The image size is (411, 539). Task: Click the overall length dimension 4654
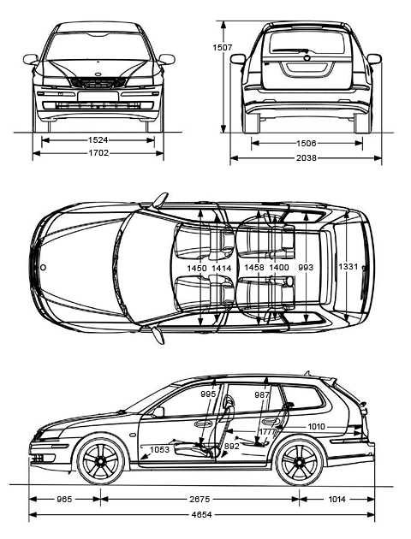pyautogui.click(x=202, y=514)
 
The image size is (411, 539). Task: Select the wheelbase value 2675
pyautogui.click(x=200, y=499)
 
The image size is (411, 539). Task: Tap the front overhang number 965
pyautogui.click(x=64, y=499)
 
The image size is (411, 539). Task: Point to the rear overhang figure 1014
pyautogui.click(x=337, y=499)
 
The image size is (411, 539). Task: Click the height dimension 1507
pyautogui.click(x=222, y=47)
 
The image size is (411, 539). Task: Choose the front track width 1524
pyautogui.click(x=98, y=140)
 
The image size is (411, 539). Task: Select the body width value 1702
pyautogui.click(x=98, y=152)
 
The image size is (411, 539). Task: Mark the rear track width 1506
pyautogui.click(x=306, y=143)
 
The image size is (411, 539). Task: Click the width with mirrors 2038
pyautogui.click(x=306, y=157)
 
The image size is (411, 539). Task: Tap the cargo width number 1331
pyautogui.click(x=348, y=266)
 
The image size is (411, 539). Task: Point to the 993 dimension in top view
pyautogui.click(x=306, y=267)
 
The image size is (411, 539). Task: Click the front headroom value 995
pyautogui.click(x=208, y=394)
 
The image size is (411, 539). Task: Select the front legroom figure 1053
pyautogui.click(x=159, y=449)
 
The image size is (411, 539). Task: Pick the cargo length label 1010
pyautogui.click(x=316, y=427)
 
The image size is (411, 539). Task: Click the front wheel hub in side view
pyautogui.click(x=100, y=460)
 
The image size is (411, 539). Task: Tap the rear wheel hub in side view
pyautogui.click(x=299, y=461)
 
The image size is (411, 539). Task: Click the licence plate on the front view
pyautogui.click(x=98, y=96)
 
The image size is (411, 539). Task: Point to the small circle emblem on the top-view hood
pyautogui.click(x=43, y=268)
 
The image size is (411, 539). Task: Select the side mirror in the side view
pyautogui.click(x=158, y=412)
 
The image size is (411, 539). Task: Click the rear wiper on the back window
pyautogui.click(x=290, y=50)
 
